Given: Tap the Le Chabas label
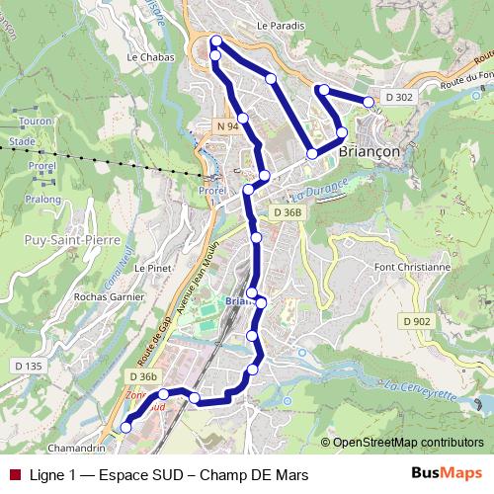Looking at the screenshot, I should [x=151, y=57].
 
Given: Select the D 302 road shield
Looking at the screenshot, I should [x=399, y=97].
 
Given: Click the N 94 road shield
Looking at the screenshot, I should [x=227, y=127].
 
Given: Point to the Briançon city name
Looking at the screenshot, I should [x=369, y=152].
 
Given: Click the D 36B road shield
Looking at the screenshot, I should [x=288, y=212].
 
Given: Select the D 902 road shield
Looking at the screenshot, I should [x=416, y=321].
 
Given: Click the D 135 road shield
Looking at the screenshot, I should [x=28, y=366].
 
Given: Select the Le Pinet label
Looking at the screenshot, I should [x=153, y=268].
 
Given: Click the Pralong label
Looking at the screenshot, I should [x=42, y=199].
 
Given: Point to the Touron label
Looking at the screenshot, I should [x=36, y=122].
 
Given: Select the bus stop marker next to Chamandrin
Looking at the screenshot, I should [x=125, y=428].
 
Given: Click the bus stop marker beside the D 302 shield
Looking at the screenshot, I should [x=369, y=102].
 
